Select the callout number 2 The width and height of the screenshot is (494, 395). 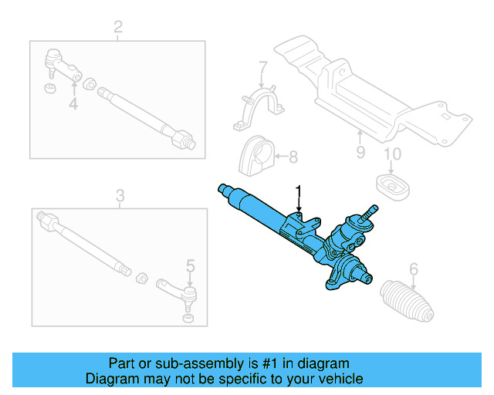tap(118, 29)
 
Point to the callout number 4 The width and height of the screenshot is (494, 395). tap(73, 103)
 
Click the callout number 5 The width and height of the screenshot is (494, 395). tap(191, 268)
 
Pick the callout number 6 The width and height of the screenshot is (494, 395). tap(414, 269)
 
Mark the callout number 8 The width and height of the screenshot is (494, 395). tap(293, 158)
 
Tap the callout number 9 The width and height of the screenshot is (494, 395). tap(360, 152)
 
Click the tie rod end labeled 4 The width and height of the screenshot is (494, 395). tap(62, 64)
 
